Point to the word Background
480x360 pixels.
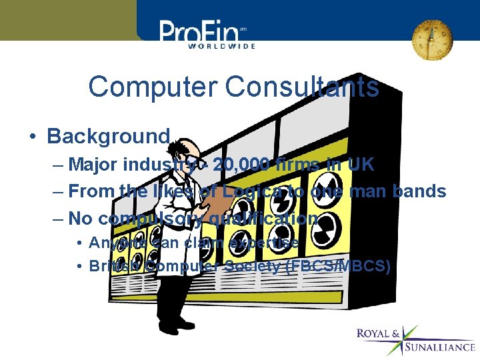pos(109,137)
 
